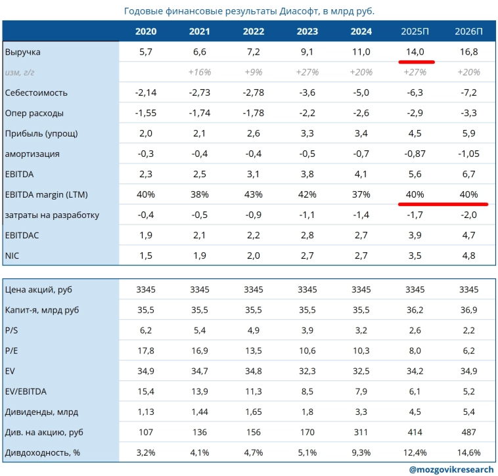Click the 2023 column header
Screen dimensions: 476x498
pyautogui.click(x=307, y=32)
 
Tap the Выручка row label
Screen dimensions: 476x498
pyautogui.click(x=20, y=52)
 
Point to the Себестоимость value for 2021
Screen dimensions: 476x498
pyautogui.click(x=200, y=93)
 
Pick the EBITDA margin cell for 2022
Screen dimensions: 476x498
pyautogui.click(x=254, y=194)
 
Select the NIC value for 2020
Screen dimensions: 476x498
pyautogui.click(x=145, y=255)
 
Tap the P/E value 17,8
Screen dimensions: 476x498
pyautogui.click(x=145, y=351)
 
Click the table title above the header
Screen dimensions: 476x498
pyautogui.click(x=248, y=11)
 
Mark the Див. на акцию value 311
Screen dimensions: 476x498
pyautogui.click(x=361, y=432)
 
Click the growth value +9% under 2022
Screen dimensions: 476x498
pyautogui.click(x=254, y=72)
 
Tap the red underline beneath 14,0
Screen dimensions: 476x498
pyautogui.click(x=415, y=61)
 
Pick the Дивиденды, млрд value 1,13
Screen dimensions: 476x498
pyautogui.click(x=145, y=412)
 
